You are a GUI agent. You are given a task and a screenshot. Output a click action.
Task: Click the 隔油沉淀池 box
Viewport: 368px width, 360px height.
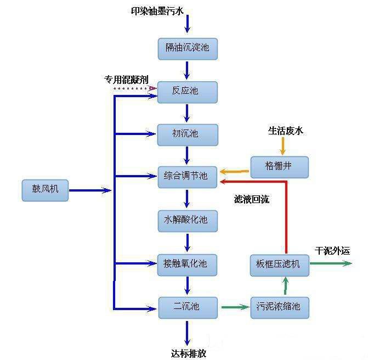pyautogui.click(x=188, y=48)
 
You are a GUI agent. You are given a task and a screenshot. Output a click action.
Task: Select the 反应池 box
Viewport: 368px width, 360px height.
pyautogui.click(x=188, y=92)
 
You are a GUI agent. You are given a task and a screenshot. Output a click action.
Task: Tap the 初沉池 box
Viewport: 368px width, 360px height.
pyautogui.click(x=188, y=134)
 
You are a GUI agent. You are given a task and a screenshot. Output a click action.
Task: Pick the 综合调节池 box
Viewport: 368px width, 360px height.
pyautogui.click(x=188, y=177)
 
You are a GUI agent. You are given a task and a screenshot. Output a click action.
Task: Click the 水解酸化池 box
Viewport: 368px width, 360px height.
pyautogui.click(x=188, y=221)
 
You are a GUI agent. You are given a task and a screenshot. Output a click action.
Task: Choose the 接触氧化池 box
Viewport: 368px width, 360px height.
pyautogui.click(x=188, y=264)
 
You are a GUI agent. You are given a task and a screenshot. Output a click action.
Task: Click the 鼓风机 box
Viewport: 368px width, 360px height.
pyautogui.click(x=46, y=190)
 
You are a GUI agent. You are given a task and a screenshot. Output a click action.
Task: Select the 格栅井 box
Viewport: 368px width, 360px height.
pyautogui.click(x=279, y=167)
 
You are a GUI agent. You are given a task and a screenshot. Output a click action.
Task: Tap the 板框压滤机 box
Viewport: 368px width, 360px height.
pyautogui.click(x=279, y=264)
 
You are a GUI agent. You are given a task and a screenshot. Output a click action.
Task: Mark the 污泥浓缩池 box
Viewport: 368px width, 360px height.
pyautogui.click(x=279, y=307)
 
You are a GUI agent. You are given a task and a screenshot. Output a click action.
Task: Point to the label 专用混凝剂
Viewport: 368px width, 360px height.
pyautogui.click(x=126, y=79)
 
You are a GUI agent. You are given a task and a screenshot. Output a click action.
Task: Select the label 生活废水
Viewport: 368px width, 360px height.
pyautogui.click(x=285, y=131)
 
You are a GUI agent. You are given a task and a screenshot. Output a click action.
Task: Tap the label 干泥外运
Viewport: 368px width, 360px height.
pyautogui.click(x=332, y=251)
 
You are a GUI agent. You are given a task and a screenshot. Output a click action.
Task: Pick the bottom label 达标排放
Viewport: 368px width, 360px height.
pyautogui.click(x=189, y=353)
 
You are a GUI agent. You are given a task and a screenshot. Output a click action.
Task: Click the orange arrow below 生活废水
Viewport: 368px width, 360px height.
pyautogui.click(x=284, y=146)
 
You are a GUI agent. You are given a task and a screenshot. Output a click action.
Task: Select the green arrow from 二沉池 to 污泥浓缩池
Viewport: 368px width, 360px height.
pyautogui.click(x=235, y=307)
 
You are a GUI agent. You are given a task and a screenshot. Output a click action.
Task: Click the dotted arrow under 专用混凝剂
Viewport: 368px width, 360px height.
pyautogui.click(x=134, y=88)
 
